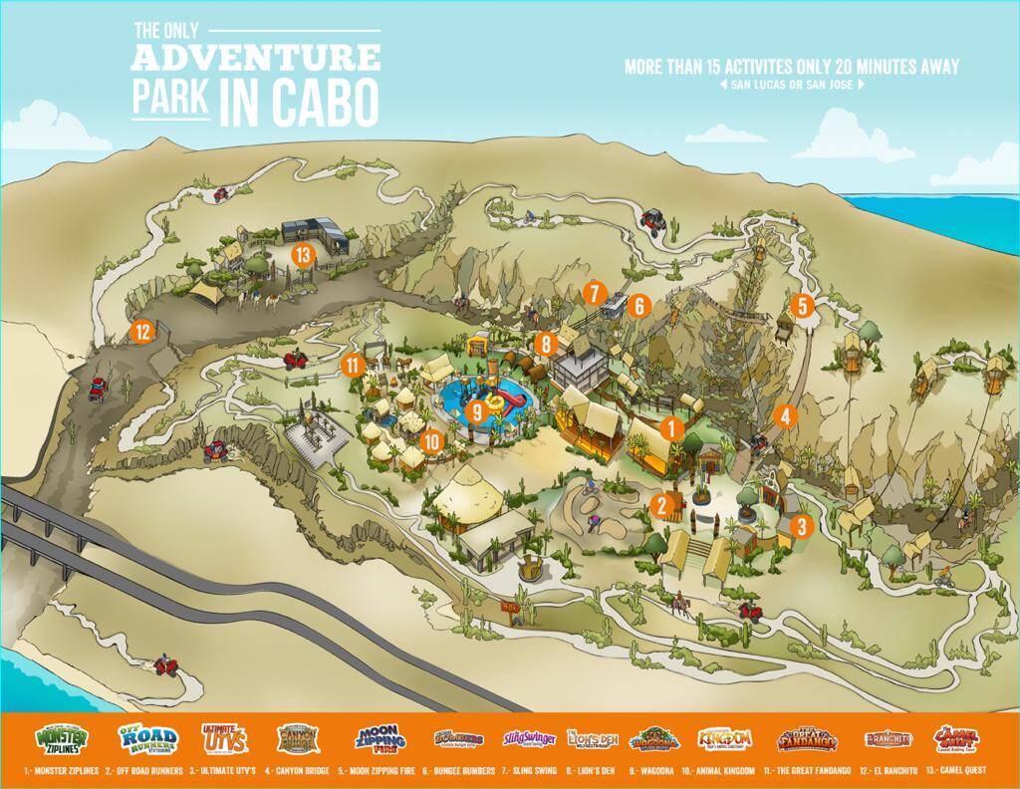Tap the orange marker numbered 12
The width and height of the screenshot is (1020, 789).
coord(143,332)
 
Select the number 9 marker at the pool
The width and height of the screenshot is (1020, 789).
coord(477,409)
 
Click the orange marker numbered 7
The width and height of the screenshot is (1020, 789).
coord(594,293)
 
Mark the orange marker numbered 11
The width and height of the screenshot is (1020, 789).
coord(351,365)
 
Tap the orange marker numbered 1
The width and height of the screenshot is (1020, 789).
coord(671,429)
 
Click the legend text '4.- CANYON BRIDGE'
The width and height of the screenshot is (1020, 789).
coord(303,771)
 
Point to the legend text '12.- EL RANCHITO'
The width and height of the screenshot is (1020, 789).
coord(880,771)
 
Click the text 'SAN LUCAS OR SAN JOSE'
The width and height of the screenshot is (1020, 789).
coord(792,85)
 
